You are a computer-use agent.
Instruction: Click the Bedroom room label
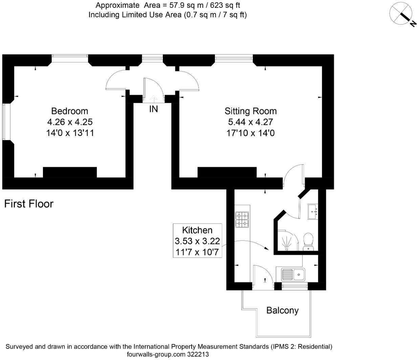(x=69, y=111)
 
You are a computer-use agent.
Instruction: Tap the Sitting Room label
(x=250, y=111)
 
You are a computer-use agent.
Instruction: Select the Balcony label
(x=282, y=310)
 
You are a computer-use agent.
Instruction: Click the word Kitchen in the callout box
(x=197, y=230)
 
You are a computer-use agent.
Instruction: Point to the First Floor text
(x=29, y=204)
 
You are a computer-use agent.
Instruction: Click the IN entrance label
(x=153, y=109)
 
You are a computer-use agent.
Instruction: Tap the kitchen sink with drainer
(x=293, y=274)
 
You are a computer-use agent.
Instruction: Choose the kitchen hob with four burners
(x=242, y=219)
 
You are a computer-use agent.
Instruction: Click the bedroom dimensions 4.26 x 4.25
(x=70, y=122)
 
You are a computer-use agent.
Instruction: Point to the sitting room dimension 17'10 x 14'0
(x=250, y=133)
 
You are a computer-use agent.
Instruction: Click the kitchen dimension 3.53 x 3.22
(x=197, y=241)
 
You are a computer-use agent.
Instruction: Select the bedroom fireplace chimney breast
(x=70, y=172)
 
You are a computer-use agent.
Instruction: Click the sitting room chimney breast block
(x=227, y=172)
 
